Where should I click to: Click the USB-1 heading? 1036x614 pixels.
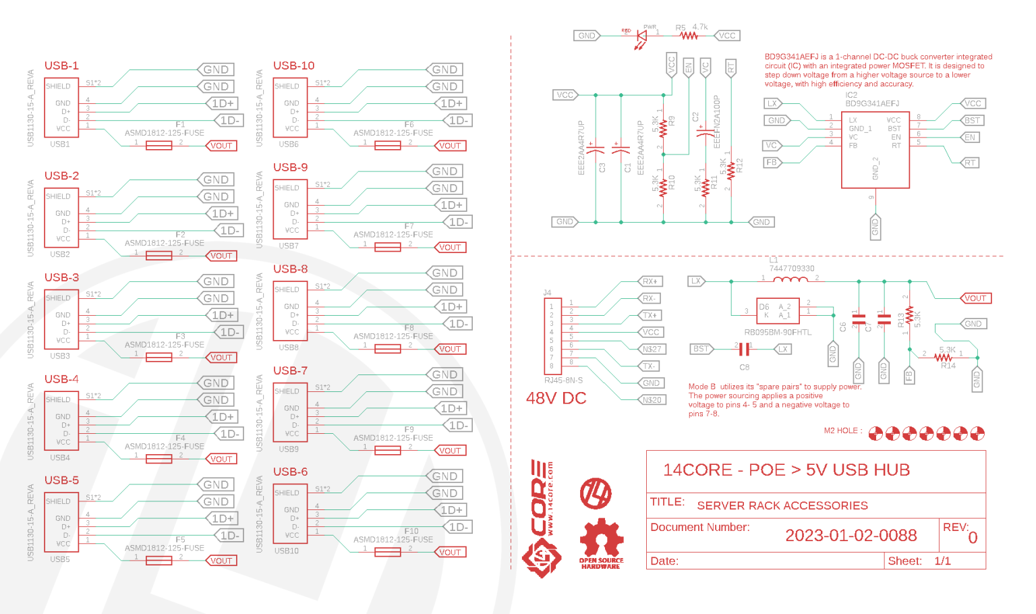pyautogui.click(x=61, y=65)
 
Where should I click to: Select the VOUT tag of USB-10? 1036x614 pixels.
pyautogui.click(x=450, y=146)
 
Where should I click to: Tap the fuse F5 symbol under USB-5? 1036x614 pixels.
pyautogui.click(x=159, y=561)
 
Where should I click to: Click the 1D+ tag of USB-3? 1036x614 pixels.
pyautogui.click(x=222, y=315)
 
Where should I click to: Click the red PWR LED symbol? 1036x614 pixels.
pyautogui.click(x=641, y=36)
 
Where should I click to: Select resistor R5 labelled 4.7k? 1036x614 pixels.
pyautogui.click(x=688, y=36)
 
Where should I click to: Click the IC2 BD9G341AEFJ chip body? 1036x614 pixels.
pyautogui.click(x=875, y=148)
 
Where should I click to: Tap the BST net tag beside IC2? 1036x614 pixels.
pyautogui.click(x=972, y=120)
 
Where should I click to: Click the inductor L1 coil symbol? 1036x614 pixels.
pyautogui.click(x=790, y=279)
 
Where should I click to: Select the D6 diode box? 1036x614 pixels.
pyautogui.click(x=778, y=311)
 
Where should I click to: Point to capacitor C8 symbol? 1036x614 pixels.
pyautogui.click(x=743, y=349)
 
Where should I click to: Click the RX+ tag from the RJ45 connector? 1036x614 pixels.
pyautogui.click(x=650, y=281)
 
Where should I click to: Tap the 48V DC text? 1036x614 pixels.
pyautogui.click(x=556, y=398)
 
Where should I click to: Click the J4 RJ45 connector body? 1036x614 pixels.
pyautogui.click(x=551, y=335)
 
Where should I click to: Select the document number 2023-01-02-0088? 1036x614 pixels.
pyautogui.click(x=851, y=536)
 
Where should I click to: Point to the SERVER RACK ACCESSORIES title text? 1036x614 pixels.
pyautogui.click(x=782, y=505)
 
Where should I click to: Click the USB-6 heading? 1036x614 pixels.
pyautogui.click(x=290, y=472)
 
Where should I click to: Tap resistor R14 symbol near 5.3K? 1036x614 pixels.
pyautogui.click(x=943, y=358)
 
